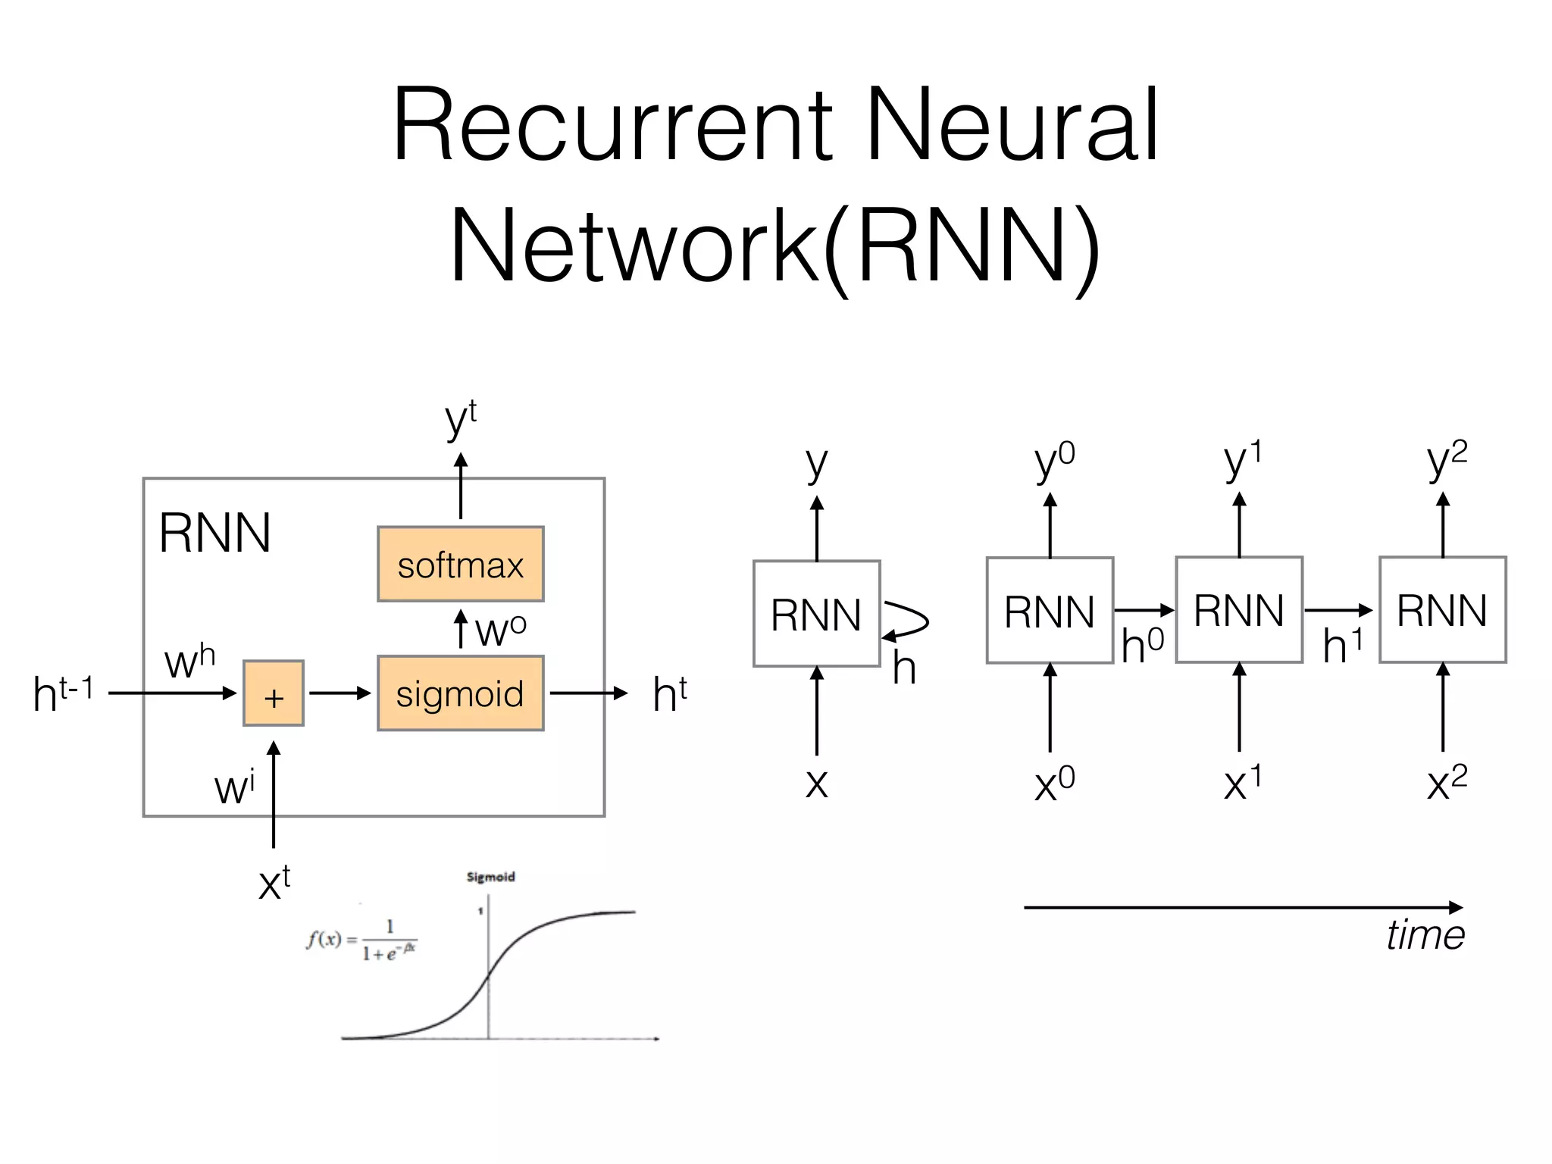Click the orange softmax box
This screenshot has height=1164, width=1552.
coord(460,564)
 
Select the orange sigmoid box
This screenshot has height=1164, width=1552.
coord(460,693)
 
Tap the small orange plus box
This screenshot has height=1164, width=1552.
coord(273,693)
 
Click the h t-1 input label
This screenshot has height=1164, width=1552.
coord(63,693)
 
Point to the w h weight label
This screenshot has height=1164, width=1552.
coord(189,661)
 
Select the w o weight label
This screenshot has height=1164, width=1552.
coord(500,629)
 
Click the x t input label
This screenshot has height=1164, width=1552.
coord(274,882)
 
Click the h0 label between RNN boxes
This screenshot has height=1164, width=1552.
coord(1142,646)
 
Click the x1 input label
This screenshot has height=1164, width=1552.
coord(1241,784)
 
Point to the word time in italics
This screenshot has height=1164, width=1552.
coord(1425,934)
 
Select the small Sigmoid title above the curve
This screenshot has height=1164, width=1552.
coord(490,877)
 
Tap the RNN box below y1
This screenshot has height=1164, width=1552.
coord(1238,610)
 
